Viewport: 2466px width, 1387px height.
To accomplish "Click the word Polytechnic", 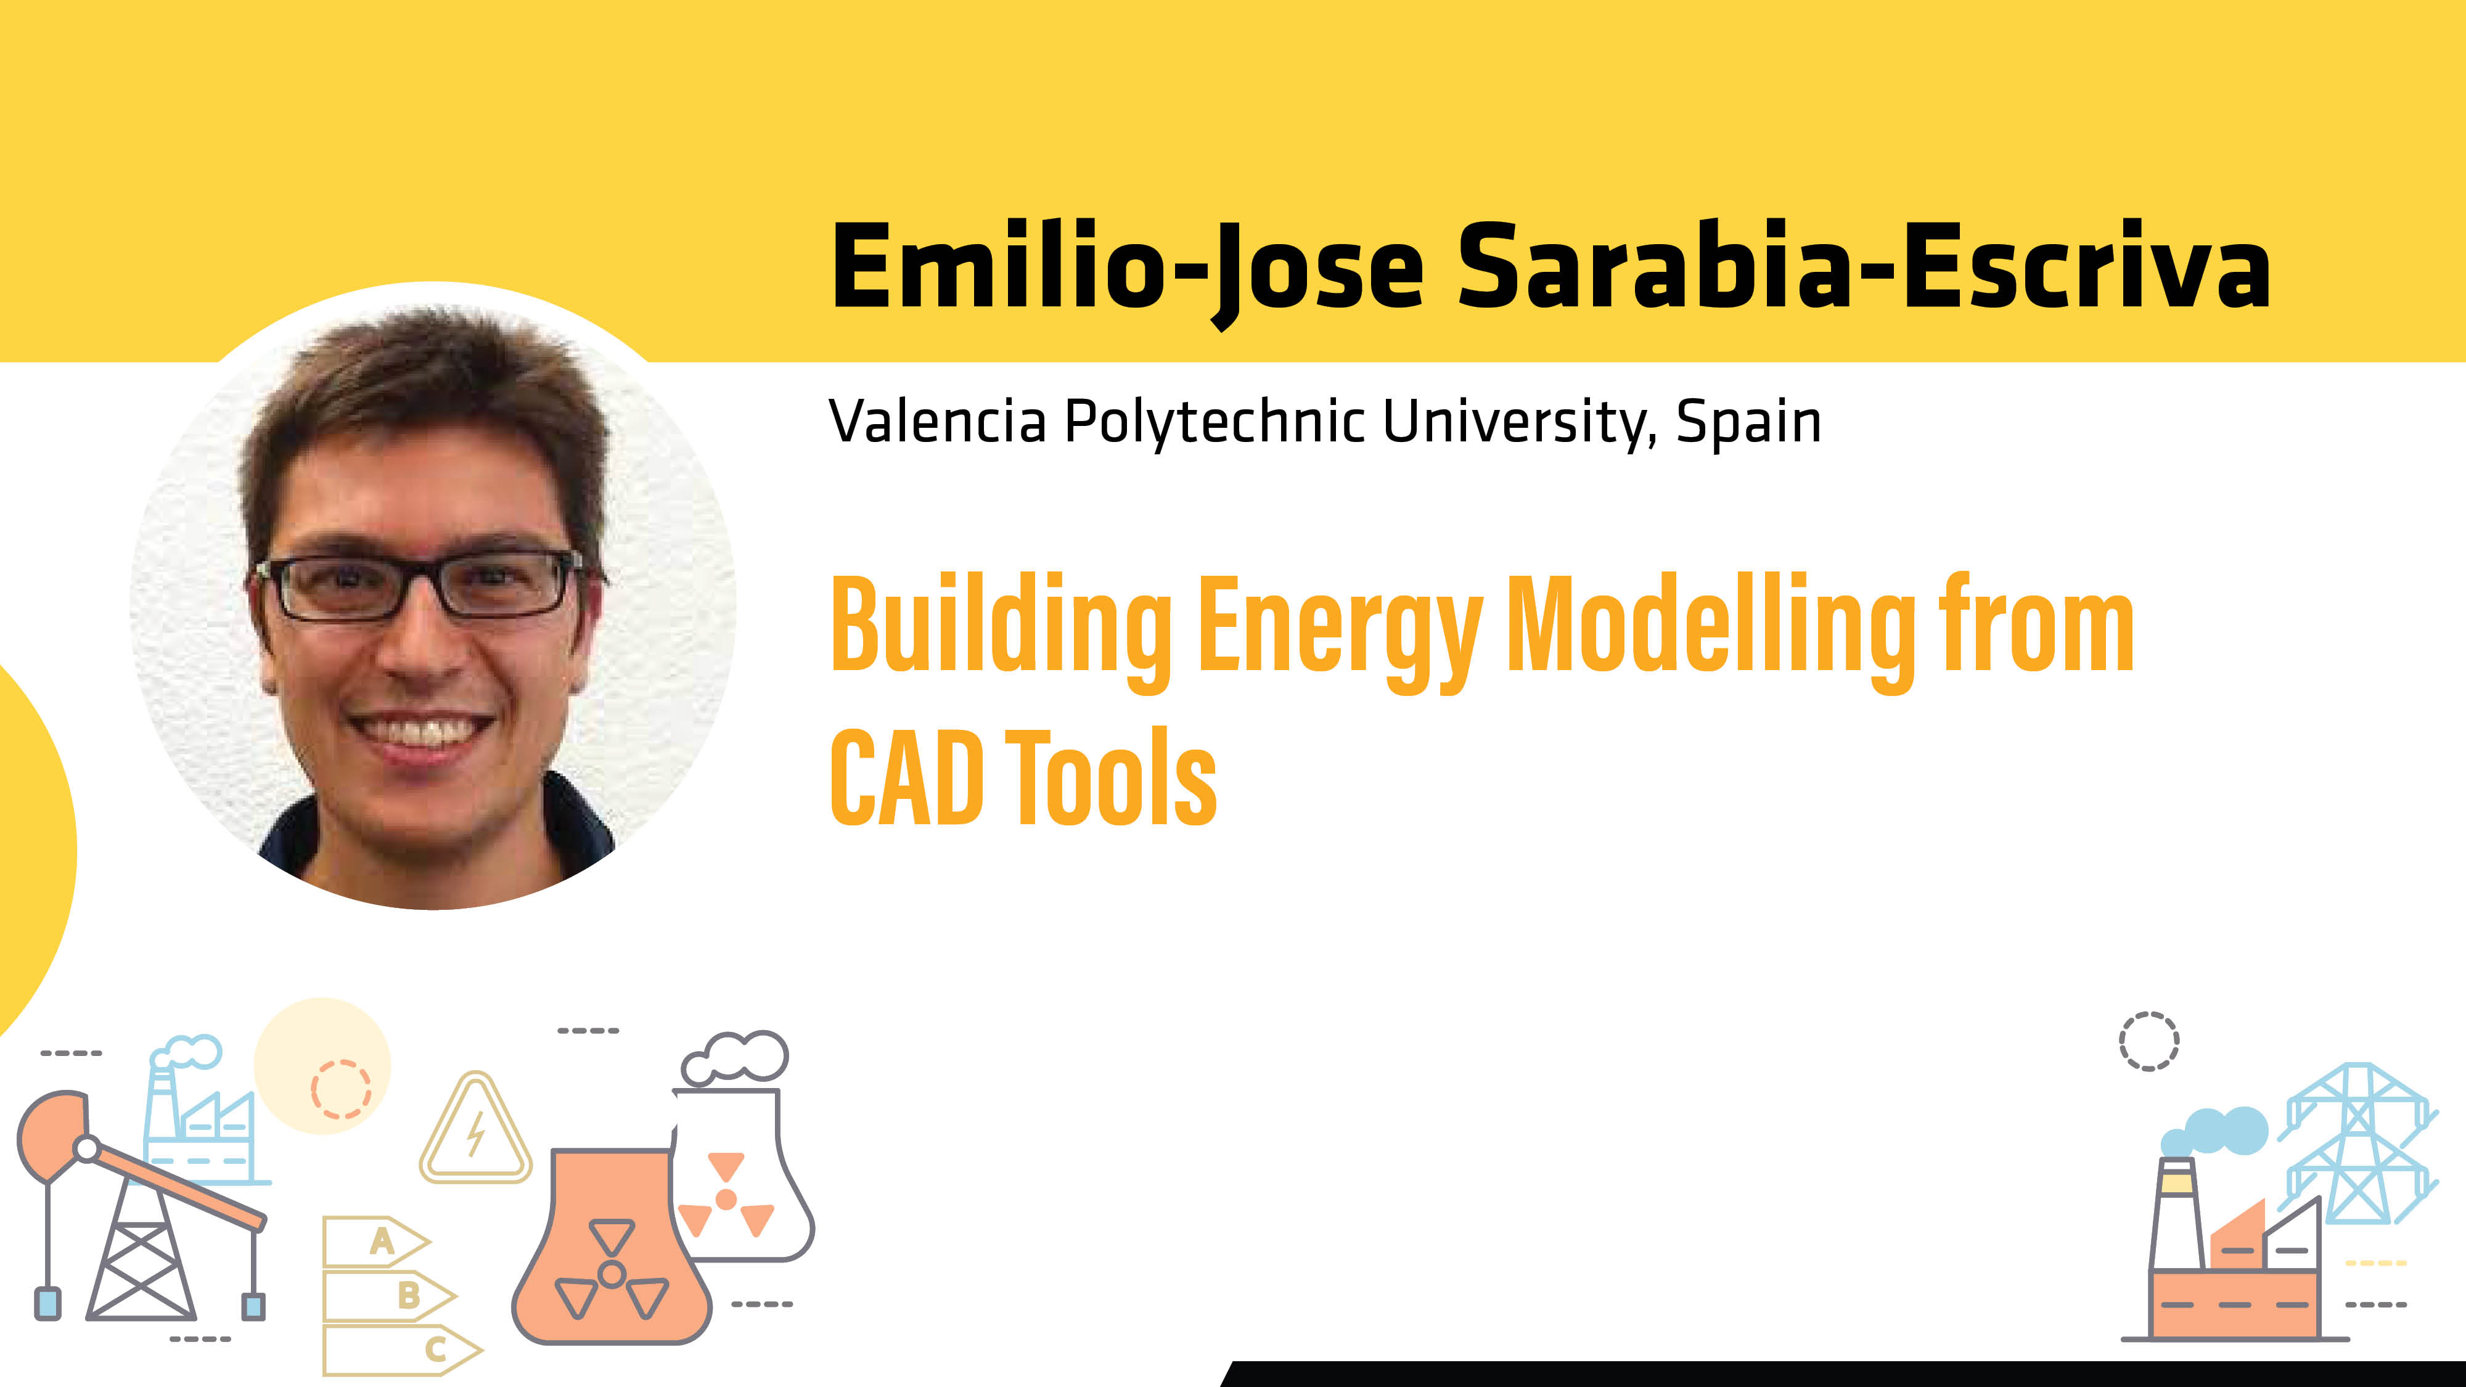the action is pyautogui.click(x=1215, y=423).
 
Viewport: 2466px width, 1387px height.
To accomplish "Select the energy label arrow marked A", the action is pyautogui.click(x=375, y=1242).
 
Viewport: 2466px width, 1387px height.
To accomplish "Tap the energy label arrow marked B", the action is pyautogui.click(x=388, y=1295).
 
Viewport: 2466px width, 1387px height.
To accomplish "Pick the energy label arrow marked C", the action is pyautogui.click(x=402, y=1349).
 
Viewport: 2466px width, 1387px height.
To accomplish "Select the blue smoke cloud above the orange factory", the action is pyautogui.click(x=2214, y=1131).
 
